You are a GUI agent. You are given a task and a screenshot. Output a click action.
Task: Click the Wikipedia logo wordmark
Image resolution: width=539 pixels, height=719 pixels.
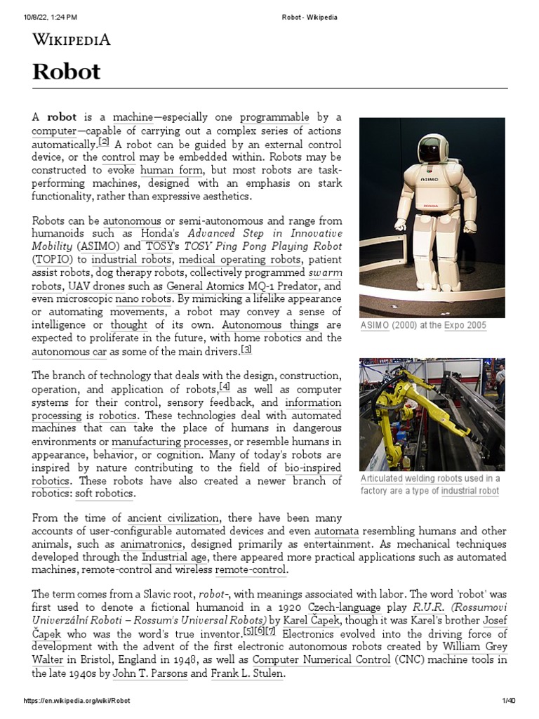point(71,39)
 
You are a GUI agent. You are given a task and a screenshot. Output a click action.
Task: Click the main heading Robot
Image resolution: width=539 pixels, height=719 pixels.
point(67,71)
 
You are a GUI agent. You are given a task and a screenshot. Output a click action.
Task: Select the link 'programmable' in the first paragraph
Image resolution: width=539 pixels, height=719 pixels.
point(274,117)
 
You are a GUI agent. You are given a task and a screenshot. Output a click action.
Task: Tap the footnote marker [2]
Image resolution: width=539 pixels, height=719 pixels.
point(104,141)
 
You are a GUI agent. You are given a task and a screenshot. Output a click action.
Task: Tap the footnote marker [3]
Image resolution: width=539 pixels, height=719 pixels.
point(246,350)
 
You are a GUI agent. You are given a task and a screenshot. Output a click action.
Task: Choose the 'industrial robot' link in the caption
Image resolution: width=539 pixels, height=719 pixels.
point(470,492)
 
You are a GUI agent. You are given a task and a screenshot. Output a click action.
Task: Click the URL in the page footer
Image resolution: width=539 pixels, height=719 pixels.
point(77,701)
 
